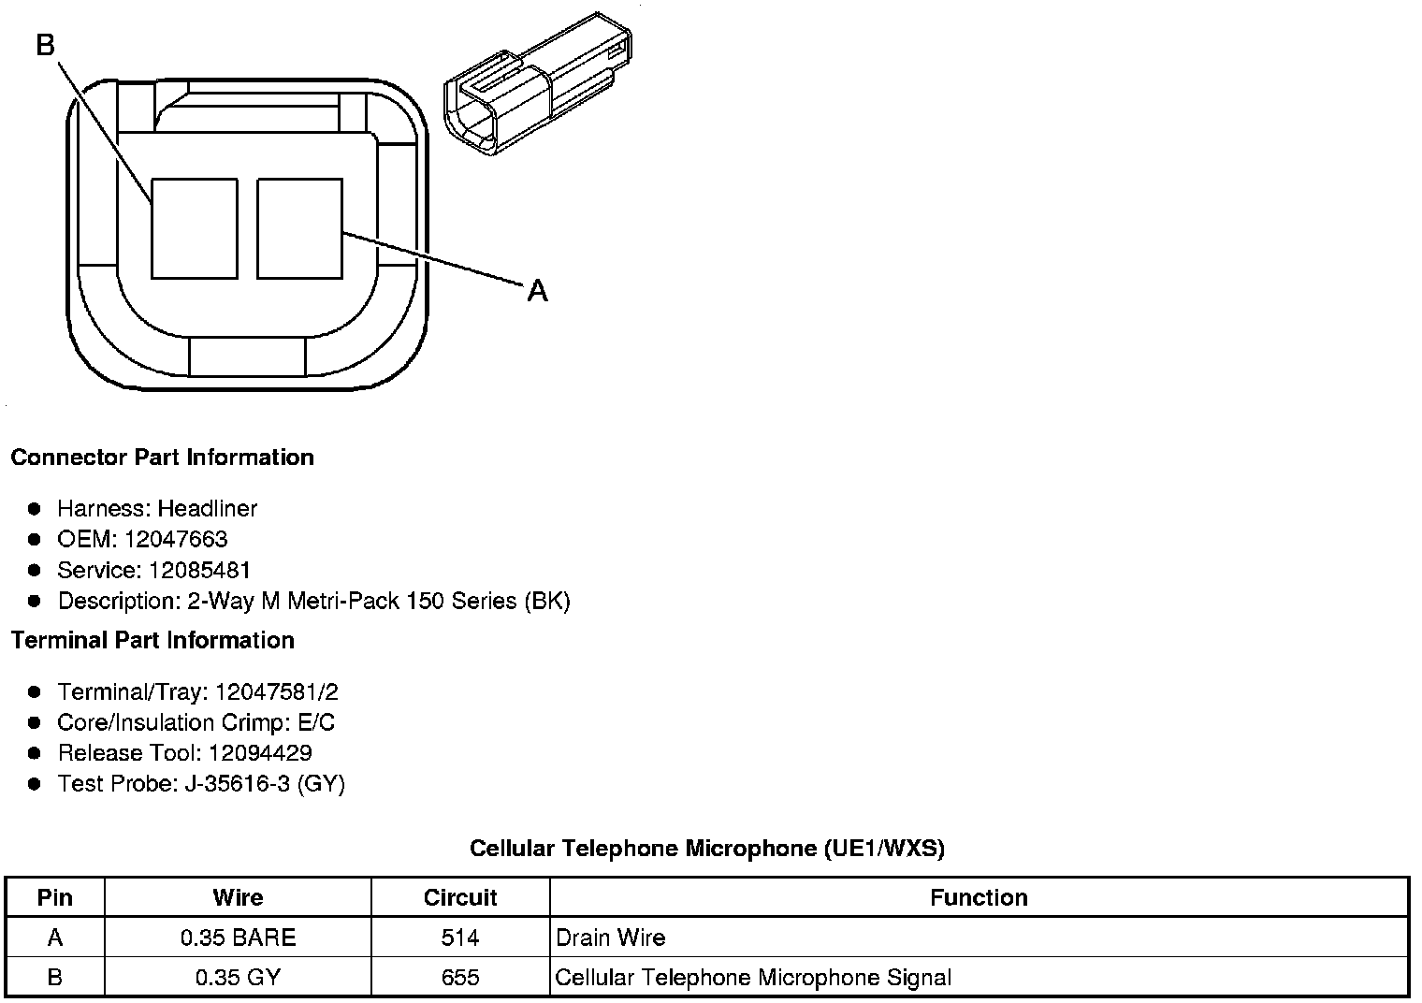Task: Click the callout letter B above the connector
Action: coord(46,45)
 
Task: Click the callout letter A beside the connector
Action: coord(537,291)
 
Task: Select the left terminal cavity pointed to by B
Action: coord(195,228)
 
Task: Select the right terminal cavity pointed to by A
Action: coord(299,228)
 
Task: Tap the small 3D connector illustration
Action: coord(538,84)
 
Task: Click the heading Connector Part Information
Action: coord(163,458)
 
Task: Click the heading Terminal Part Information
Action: coord(152,640)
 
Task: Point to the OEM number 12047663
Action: coord(176,539)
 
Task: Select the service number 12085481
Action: coord(199,570)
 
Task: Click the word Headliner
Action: coord(208,508)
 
